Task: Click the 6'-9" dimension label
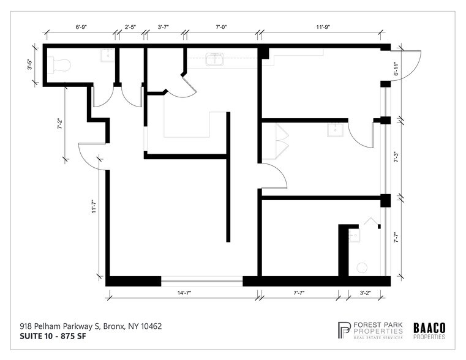pos(80,27)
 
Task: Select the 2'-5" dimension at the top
pos(130,27)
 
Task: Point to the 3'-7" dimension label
pos(163,27)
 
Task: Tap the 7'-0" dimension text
pos(222,27)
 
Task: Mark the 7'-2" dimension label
pos(59,124)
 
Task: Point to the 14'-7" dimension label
pos(184,293)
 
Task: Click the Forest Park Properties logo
pos(370,330)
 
